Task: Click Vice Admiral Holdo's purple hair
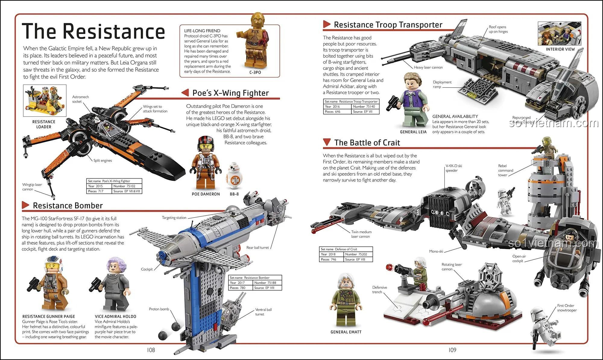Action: [115, 265]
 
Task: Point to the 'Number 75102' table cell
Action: [127, 186]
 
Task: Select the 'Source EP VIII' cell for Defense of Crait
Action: [358, 259]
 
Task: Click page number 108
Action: [151, 350]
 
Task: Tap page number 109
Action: [452, 350]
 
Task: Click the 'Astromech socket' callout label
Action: [80, 99]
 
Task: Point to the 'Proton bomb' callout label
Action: [159, 309]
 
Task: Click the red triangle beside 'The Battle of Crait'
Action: [327, 142]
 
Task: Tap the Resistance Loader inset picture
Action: [45, 100]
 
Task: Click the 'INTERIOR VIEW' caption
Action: [560, 49]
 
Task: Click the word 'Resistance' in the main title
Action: [114, 31]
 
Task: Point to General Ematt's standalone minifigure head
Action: [346, 281]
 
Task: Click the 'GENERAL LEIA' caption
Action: [413, 132]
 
